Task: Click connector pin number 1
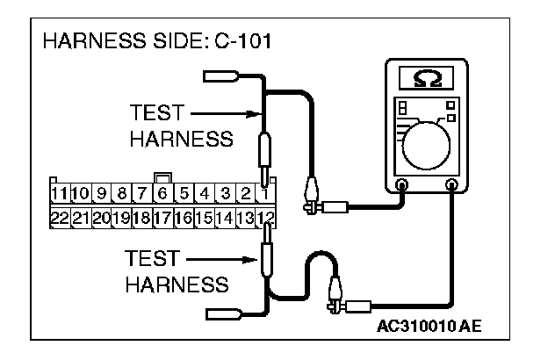click(265, 191)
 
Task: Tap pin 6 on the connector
click(162, 191)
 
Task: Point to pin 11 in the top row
click(59, 191)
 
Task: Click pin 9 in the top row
click(101, 191)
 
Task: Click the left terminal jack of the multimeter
click(401, 184)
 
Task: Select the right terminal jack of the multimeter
click(453, 184)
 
